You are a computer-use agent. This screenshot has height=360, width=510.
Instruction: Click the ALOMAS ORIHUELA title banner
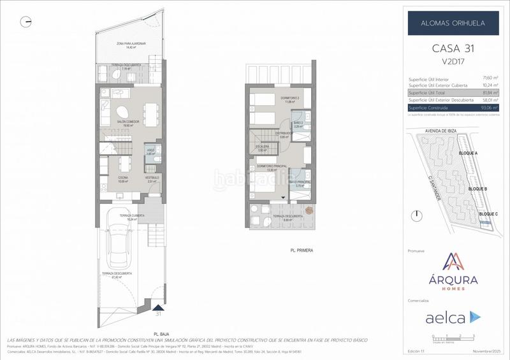(453, 23)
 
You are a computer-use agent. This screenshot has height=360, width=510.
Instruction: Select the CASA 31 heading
(453, 48)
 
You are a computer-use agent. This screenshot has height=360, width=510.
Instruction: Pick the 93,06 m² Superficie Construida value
(490, 108)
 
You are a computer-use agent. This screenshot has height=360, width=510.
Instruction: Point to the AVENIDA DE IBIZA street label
(432, 132)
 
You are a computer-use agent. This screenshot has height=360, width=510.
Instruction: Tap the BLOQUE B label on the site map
(477, 189)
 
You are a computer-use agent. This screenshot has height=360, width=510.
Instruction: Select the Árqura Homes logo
(453, 272)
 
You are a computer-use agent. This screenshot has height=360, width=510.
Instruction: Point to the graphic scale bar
(453, 336)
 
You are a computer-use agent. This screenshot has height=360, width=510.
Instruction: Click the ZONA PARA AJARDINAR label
(131, 44)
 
